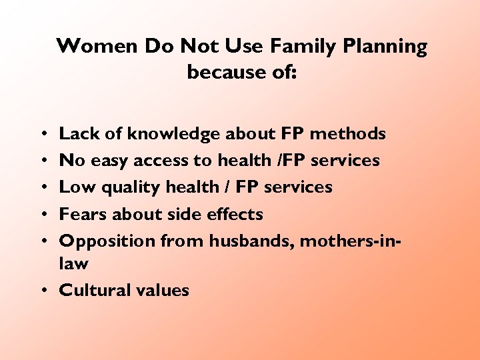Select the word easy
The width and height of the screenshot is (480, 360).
coord(109,161)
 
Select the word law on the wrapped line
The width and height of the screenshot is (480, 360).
coord(74,263)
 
